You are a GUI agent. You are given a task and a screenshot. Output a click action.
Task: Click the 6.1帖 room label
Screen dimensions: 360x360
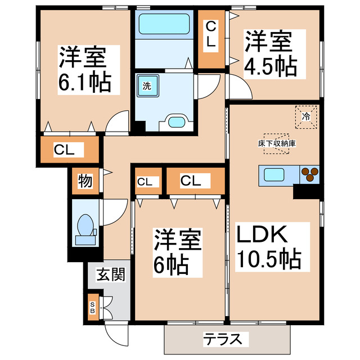click(84, 83)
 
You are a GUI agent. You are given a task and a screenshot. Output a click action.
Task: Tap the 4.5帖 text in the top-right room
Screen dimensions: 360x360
click(270, 67)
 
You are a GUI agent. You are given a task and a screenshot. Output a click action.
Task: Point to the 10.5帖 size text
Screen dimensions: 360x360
click(268, 259)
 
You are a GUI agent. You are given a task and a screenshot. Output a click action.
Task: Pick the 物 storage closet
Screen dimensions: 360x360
click(85, 182)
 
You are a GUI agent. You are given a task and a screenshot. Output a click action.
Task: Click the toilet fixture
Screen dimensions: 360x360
click(84, 228)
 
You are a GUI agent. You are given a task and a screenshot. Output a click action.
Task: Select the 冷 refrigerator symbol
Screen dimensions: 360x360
click(306, 117)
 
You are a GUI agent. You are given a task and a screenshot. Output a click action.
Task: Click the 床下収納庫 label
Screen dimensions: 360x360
click(277, 143)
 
